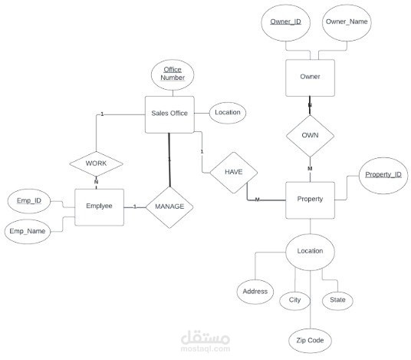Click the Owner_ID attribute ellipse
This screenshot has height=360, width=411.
pyautogui.click(x=286, y=23)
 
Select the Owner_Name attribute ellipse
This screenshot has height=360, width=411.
pyautogui.click(x=347, y=23)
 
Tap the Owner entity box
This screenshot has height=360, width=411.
pyautogui.click(x=310, y=78)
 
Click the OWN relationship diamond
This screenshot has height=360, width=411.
pyautogui.click(x=310, y=136)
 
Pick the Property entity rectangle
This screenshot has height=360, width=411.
pyautogui.click(x=310, y=200)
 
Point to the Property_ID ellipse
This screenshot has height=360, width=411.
pyautogui.click(x=383, y=176)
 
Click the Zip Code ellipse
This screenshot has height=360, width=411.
pyautogui.click(x=310, y=341)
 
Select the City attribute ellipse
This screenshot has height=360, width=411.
pyautogui.click(x=295, y=301)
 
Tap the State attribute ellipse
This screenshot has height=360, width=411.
pyautogui.click(x=337, y=301)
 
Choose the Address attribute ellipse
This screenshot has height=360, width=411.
pyautogui.click(x=255, y=292)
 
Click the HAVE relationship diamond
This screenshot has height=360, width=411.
pyautogui.click(x=234, y=173)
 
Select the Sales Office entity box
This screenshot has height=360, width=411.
pyautogui.click(x=169, y=114)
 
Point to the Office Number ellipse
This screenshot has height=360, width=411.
pyautogui.click(x=173, y=75)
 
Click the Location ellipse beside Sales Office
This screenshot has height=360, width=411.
pyautogui.click(x=228, y=113)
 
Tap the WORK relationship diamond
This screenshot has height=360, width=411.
pyautogui.click(x=96, y=163)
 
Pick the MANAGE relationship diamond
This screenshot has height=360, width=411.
pyautogui.click(x=169, y=207)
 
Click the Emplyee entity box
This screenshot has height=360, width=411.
pyautogui.click(x=100, y=207)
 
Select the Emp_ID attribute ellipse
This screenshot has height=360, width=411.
pyautogui.click(x=29, y=201)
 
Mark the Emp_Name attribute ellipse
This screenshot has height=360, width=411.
pyautogui.click(x=28, y=232)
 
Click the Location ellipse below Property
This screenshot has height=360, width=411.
pyautogui.click(x=310, y=252)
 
